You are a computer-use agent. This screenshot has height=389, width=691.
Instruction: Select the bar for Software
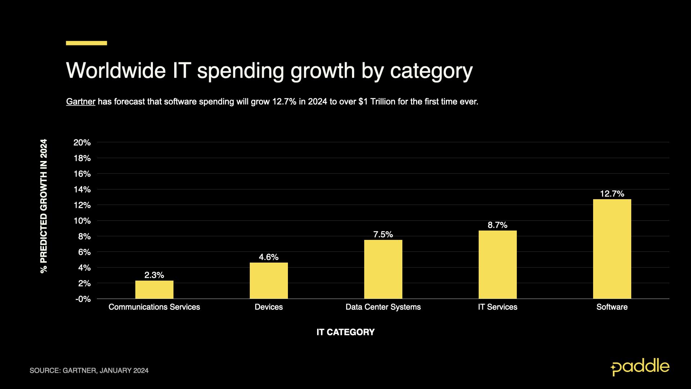[x=612, y=249]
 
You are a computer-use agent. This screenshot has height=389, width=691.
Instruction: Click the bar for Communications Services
[x=154, y=290]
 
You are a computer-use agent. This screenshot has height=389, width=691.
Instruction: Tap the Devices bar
[x=268, y=281]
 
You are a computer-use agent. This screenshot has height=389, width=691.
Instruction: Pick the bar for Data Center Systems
[x=383, y=269]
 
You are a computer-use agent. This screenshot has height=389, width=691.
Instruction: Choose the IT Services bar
[x=497, y=264]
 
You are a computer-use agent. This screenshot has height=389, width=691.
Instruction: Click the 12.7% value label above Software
[x=612, y=194]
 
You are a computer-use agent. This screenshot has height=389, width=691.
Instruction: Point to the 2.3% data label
[x=154, y=275]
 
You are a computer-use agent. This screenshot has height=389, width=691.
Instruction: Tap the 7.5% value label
[x=383, y=234]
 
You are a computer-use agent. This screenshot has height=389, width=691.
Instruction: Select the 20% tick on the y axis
[x=82, y=143]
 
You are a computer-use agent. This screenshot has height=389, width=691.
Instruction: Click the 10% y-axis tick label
[x=82, y=221]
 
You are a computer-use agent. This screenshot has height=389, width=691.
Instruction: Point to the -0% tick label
[x=83, y=299]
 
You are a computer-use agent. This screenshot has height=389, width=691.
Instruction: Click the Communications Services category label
[x=154, y=307]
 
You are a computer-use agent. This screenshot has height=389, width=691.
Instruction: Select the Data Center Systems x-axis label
[x=383, y=307]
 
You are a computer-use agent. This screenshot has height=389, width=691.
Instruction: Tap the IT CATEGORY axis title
[x=345, y=332]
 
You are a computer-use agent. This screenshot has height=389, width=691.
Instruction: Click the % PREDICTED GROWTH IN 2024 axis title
[x=44, y=206]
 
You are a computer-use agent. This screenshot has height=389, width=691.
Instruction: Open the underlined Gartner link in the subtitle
[x=81, y=102]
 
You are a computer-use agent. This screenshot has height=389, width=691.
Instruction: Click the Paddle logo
[x=640, y=367]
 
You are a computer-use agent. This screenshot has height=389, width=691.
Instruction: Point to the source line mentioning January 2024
[x=89, y=371]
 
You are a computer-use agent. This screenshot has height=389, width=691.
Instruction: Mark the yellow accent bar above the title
[x=86, y=43]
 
